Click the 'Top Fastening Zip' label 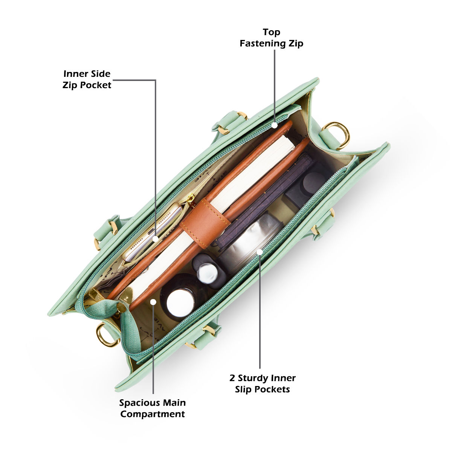pyautogui.click(x=271, y=38)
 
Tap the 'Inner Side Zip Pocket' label pyautogui.click(x=87, y=79)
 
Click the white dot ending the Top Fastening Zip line pyautogui.click(x=275, y=125)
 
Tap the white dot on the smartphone pyautogui.click(x=156, y=239)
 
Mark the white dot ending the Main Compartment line pyautogui.click(x=153, y=302)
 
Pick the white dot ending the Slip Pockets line pyautogui.click(x=260, y=252)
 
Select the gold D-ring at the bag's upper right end pyautogui.click(x=336, y=134)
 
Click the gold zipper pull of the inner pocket pyautogui.click(x=191, y=200)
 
